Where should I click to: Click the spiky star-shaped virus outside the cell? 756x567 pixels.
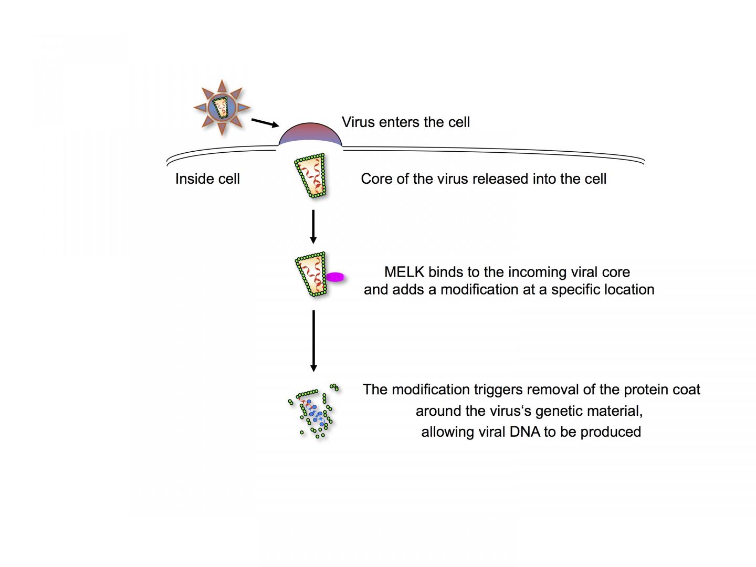tap(221, 107)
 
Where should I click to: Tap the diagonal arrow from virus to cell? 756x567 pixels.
tap(265, 123)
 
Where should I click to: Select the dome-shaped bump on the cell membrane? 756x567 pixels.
tap(310, 136)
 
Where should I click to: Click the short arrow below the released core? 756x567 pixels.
tap(313, 226)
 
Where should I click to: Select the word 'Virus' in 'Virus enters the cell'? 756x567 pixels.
tap(356, 122)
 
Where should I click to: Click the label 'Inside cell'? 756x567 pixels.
tap(207, 179)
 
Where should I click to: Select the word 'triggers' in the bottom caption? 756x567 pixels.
tap(498, 390)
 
